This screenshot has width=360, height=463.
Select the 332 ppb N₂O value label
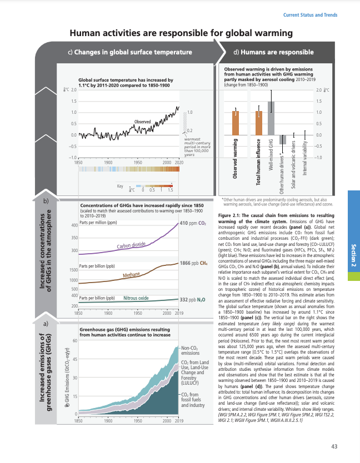point(193,300)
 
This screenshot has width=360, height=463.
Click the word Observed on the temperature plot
point(143,121)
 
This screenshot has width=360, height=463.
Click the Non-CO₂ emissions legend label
point(190,335)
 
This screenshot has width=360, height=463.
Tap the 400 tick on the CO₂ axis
point(74,225)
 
